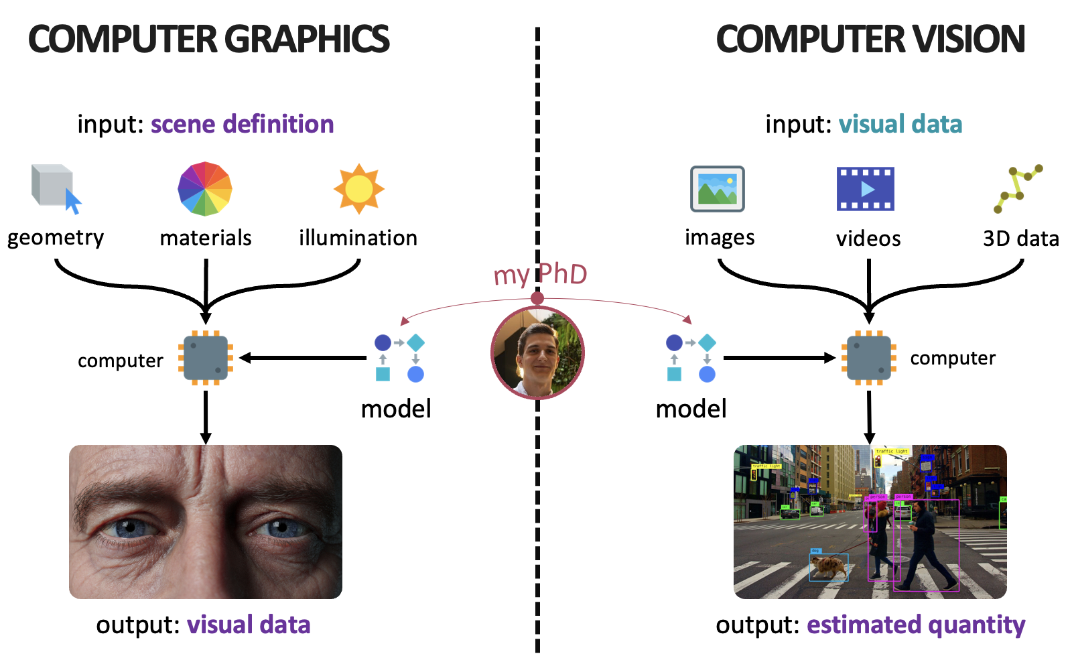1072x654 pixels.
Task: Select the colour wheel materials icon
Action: pyautogui.click(x=205, y=189)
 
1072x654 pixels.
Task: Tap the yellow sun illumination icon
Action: pyautogui.click(x=359, y=189)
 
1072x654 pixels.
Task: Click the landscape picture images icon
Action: pyautogui.click(x=718, y=189)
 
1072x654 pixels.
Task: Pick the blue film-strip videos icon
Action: pyautogui.click(x=866, y=189)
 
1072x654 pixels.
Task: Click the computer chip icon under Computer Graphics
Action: pyautogui.click(x=206, y=358)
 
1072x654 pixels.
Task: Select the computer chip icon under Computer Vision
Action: pyautogui.click(x=869, y=358)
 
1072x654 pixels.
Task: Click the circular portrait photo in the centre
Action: pyautogui.click(x=537, y=352)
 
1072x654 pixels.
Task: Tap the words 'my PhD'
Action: pyautogui.click(x=540, y=274)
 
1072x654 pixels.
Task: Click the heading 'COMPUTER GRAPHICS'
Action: pyautogui.click(x=208, y=39)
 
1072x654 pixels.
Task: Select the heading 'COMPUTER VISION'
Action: pyautogui.click(x=870, y=39)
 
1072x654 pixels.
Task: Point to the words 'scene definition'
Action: pyautogui.click(x=242, y=124)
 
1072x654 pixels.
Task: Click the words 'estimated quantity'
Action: pyautogui.click(x=916, y=625)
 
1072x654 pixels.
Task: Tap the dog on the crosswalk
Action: pyautogui.click(x=829, y=568)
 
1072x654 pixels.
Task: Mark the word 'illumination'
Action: pyautogui.click(x=358, y=238)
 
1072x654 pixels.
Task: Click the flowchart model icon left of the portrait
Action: pyautogui.click(x=399, y=358)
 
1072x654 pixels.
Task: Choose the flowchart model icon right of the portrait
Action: pyautogui.click(x=691, y=358)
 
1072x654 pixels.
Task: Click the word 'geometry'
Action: pyautogui.click(x=56, y=238)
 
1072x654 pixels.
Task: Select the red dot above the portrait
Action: pyautogui.click(x=537, y=298)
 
